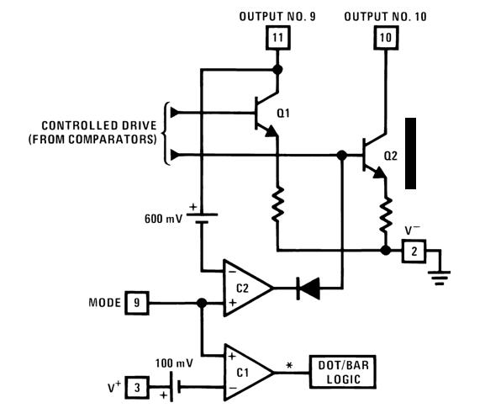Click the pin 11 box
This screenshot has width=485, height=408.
[277, 38]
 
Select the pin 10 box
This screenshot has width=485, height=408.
[386, 38]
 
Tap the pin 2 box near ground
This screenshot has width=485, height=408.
[414, 251]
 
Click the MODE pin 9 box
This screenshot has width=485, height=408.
[137, 303]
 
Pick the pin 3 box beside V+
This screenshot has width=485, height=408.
[137, 387]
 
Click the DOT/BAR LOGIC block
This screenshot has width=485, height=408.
[343, 372]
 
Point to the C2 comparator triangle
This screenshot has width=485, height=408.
[247, 289]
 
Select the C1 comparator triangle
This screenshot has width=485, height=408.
[248, 373]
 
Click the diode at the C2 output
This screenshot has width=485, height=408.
[308, 289]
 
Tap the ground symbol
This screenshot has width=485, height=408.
[440, 278]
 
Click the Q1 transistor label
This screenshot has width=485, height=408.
[283, 114]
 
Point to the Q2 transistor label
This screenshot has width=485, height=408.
[390, 156]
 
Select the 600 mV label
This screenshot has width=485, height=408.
[163, 219]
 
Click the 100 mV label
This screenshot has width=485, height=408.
[174, 363]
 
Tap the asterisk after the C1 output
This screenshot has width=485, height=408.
[289, 365]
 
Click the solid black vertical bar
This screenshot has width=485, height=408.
[410, 153]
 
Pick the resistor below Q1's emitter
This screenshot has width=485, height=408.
[277, 204]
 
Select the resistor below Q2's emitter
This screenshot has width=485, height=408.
[386, 215]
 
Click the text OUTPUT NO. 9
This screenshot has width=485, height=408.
[277, 17]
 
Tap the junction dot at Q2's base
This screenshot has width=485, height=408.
[342, 155]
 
